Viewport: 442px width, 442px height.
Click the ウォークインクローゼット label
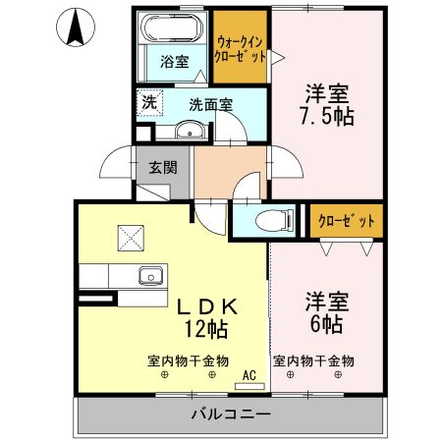point(241,49)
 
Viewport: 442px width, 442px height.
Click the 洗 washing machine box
point(147,99)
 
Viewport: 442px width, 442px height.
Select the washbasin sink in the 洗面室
point(188,133)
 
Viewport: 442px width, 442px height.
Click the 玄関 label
point(162,167)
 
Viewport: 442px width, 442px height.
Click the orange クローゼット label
point(346,221)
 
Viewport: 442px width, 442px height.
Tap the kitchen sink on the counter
point(150,274)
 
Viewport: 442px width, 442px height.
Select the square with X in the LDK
point(130,237)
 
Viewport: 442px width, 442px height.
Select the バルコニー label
point(230,414)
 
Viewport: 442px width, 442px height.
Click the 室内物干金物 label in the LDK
point(188,360)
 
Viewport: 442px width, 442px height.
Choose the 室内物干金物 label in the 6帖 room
point(313,360)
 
